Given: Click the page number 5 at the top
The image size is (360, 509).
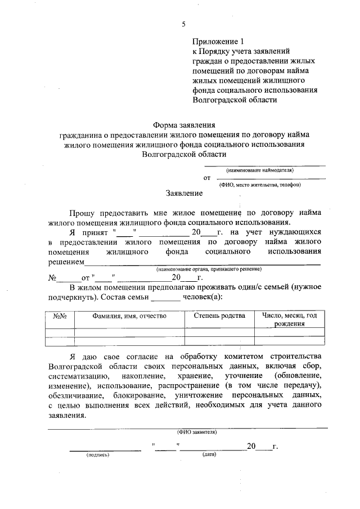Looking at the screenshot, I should pos(183,23).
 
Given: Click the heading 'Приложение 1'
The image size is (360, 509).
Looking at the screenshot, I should pos(219,41).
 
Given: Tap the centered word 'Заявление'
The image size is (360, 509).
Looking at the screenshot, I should pos(184,193).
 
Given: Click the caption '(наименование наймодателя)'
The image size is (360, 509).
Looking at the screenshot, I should pos(260,170).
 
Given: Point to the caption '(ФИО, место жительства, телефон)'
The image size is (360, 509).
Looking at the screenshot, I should pos(260,184).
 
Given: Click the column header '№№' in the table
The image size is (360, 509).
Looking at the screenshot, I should pos(60,316).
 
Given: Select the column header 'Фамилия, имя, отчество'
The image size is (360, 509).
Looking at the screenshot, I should pos(129,316).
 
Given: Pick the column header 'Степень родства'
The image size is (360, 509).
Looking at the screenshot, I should pos(219,316).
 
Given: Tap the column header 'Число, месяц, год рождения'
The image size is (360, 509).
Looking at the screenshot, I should pos(290,319).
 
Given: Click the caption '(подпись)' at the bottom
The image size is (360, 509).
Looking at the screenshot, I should pos(98,455).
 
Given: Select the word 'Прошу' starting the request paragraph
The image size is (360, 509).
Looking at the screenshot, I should pos(84,213).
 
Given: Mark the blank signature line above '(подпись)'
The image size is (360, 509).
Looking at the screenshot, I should pos(105,449).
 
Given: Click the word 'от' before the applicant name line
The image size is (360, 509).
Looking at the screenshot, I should pos(207,178).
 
